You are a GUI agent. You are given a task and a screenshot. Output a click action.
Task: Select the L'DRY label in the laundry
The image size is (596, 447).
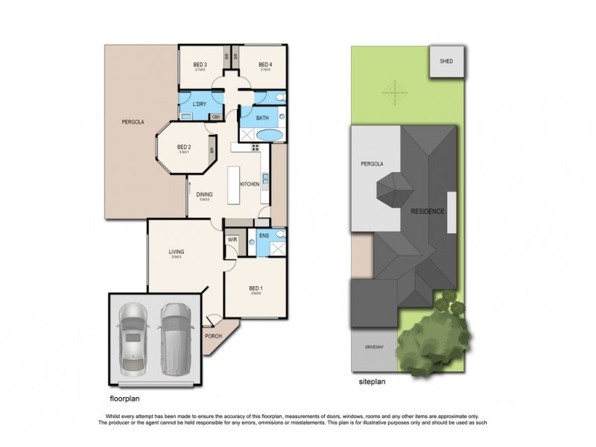[199, 104]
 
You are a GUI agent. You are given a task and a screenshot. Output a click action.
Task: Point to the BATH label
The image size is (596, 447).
[262, 117]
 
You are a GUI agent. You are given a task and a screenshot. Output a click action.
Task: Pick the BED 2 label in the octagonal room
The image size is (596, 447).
[185, 147]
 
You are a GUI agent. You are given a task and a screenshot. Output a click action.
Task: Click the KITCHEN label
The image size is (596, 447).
[249, 183]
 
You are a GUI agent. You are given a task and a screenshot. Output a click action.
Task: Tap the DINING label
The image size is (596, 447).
[204, 194]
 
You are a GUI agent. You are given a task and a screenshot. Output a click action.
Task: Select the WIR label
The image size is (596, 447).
[232, 240]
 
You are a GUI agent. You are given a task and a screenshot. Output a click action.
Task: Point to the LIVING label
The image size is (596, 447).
[176, 252]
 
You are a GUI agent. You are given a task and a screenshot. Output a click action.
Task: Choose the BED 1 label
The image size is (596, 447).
[256, 288]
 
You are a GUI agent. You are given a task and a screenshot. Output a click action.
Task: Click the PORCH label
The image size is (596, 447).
[213, 335]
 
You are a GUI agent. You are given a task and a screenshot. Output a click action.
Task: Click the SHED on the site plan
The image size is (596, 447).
[446, 61]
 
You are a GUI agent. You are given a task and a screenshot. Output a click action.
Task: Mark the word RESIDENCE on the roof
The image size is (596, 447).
[428, 212]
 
